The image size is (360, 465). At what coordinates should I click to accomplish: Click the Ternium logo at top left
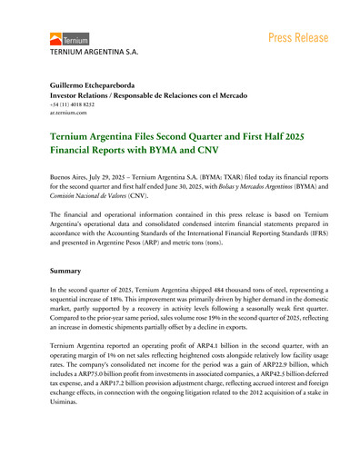[64, 40]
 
